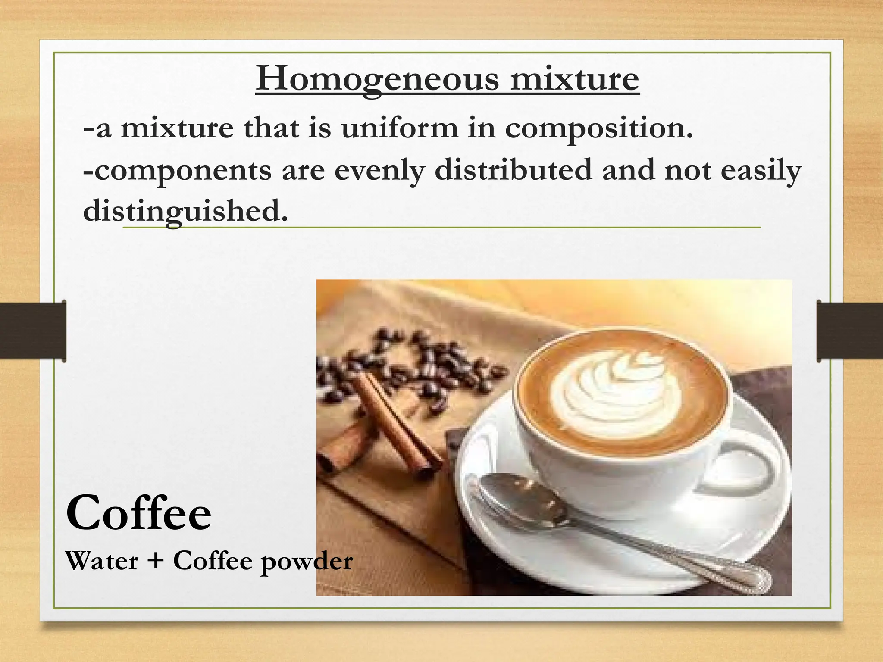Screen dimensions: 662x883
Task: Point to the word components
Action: click(178, 171)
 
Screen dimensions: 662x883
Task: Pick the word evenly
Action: click(379, 171)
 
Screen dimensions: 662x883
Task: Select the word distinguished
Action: click(185, 211)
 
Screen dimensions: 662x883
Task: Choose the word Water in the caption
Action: click(102, 561)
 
